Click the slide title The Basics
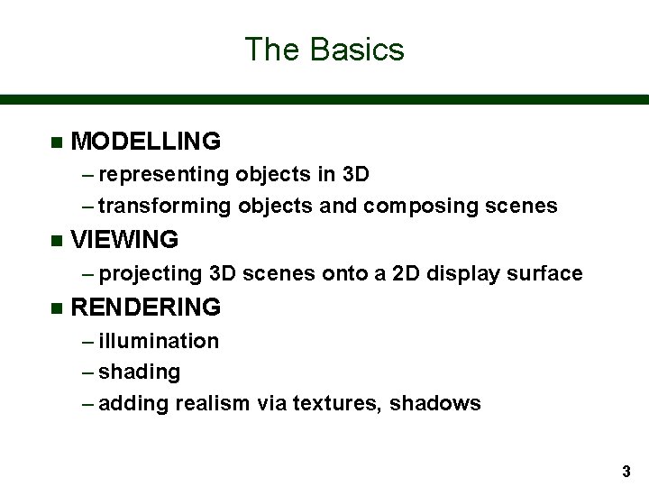[324, 49]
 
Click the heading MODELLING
[145, 142]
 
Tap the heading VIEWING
[124, 240]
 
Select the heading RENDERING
[145, 308]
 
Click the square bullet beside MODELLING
[56, 142]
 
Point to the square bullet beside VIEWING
[56, 241]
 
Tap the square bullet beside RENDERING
[56, 308]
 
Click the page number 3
[626, 471]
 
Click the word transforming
[165, 207]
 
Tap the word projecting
[151, 273]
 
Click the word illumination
[159, 341]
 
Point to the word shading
[140, 372]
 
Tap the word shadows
[436, 404]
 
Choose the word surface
[545, 273]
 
